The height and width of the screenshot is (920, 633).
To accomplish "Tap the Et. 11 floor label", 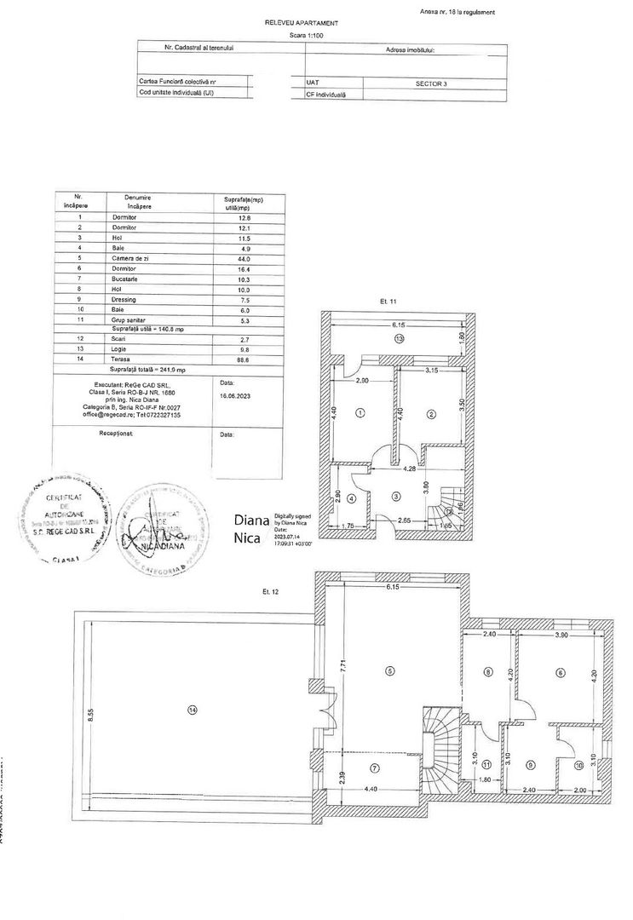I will [x=389, y=302].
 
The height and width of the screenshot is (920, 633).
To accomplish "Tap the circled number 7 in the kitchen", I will [x=374, y=768].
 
